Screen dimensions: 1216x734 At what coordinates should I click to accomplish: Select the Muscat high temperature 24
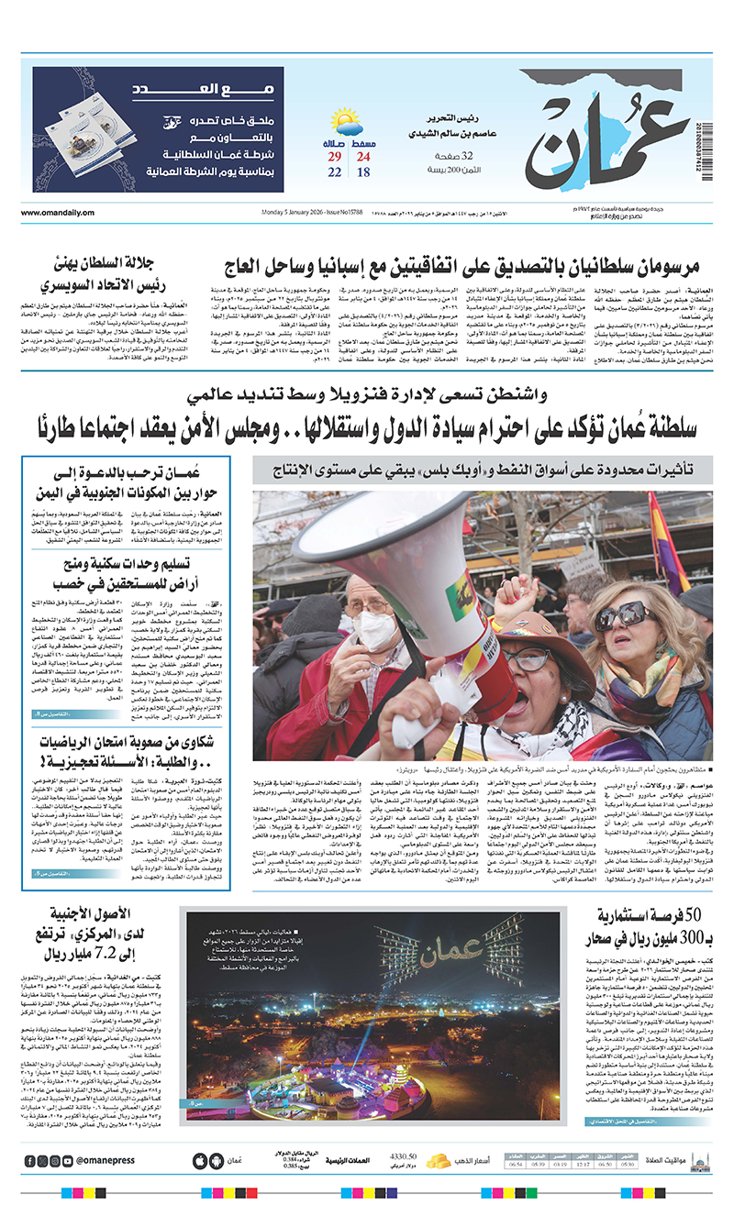point(362,159)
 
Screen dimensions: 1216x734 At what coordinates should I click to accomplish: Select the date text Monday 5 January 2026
point(279,214)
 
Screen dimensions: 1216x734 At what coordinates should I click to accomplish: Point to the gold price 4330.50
point(404,1156)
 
